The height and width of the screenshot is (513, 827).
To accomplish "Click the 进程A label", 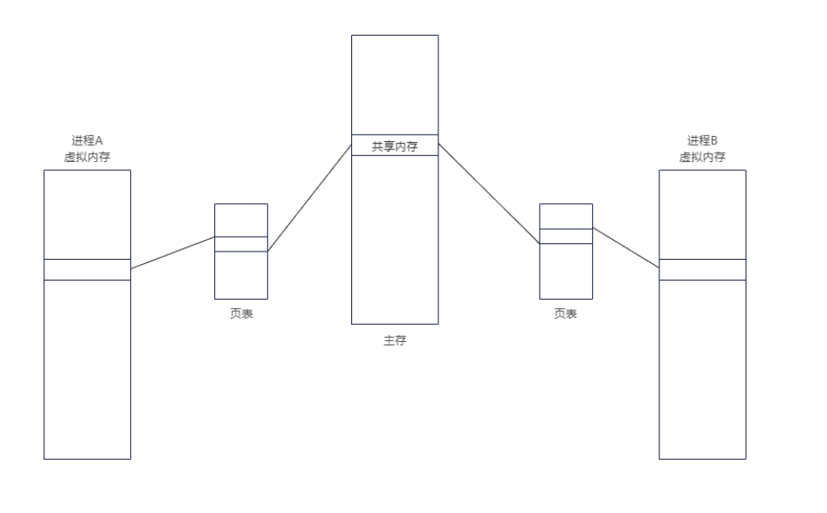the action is click(x=87, y=141).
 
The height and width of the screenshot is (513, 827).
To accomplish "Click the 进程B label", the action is click(x=702, y=141).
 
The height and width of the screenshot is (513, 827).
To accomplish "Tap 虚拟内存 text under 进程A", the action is click(x=87, y=156).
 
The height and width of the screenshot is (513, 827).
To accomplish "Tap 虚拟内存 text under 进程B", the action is click(x=702, y=156).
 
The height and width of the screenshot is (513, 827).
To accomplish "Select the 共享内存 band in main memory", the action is click(x=394, y=145).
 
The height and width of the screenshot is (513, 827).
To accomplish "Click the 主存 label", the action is click(x=394, y=341).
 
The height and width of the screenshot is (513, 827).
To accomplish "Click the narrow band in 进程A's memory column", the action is click(x=87, y=270).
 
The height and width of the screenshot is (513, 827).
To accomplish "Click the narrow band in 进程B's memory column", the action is click(x=702, y=270).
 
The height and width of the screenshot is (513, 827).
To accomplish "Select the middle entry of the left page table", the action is click(x=241, y=244).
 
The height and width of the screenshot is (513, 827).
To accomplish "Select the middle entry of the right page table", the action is click(x=565, y=236).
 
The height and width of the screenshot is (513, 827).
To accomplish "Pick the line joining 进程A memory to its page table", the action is click(x=173, y=253).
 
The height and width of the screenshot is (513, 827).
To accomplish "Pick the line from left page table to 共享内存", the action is click(x=310, y=198).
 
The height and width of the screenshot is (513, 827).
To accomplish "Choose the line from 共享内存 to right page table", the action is click(x=489, y=193).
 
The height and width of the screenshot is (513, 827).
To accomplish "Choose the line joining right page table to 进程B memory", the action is click(x=626, y=247).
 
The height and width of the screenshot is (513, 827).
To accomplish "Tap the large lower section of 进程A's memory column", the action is click(x=87, y=369).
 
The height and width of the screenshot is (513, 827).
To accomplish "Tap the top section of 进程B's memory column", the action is click(x=702, y=214).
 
